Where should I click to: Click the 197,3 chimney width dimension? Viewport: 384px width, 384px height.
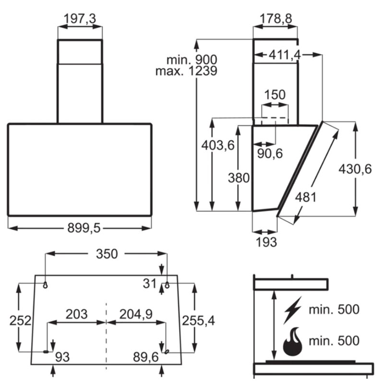80,18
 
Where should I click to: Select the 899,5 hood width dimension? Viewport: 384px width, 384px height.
80,229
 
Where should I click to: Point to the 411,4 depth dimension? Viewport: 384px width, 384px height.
285,56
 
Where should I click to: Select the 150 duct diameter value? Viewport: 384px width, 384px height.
275,95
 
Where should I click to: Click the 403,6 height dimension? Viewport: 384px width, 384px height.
218,144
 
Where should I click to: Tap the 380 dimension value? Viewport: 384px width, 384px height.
239,178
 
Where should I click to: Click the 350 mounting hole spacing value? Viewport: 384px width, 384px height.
107,254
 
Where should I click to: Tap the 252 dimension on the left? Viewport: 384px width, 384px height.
20,321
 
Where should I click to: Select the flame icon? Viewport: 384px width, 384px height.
294,342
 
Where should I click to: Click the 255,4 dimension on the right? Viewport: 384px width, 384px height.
197,321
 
